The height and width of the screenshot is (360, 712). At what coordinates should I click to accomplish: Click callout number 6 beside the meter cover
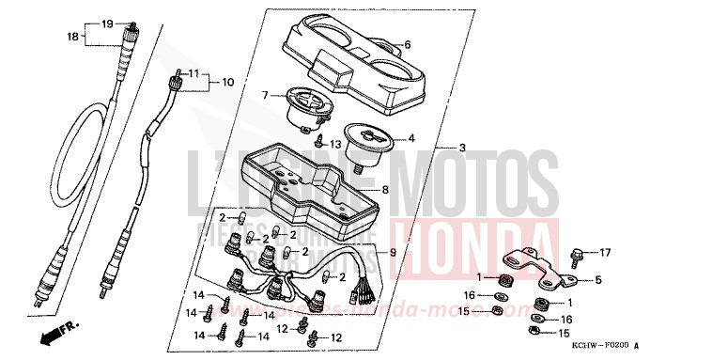coord(408,44)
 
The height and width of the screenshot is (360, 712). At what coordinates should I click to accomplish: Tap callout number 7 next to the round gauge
coord(266,94)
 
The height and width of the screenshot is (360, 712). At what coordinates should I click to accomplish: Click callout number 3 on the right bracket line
coord(461,149)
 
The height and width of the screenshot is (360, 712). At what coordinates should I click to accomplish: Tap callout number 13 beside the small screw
coord(336,144)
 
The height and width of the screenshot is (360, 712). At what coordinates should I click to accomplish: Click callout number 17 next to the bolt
coord(606,252)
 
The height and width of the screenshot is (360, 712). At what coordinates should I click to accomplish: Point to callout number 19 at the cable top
coord(106,23)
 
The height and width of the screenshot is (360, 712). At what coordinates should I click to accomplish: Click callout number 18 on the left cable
coord(72,37)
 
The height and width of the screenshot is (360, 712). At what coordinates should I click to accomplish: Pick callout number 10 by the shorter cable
coord(226,82)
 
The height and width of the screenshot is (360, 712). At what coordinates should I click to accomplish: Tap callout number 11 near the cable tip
coord(193,72)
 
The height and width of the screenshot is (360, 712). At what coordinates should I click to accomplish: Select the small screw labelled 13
coord(321,143)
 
